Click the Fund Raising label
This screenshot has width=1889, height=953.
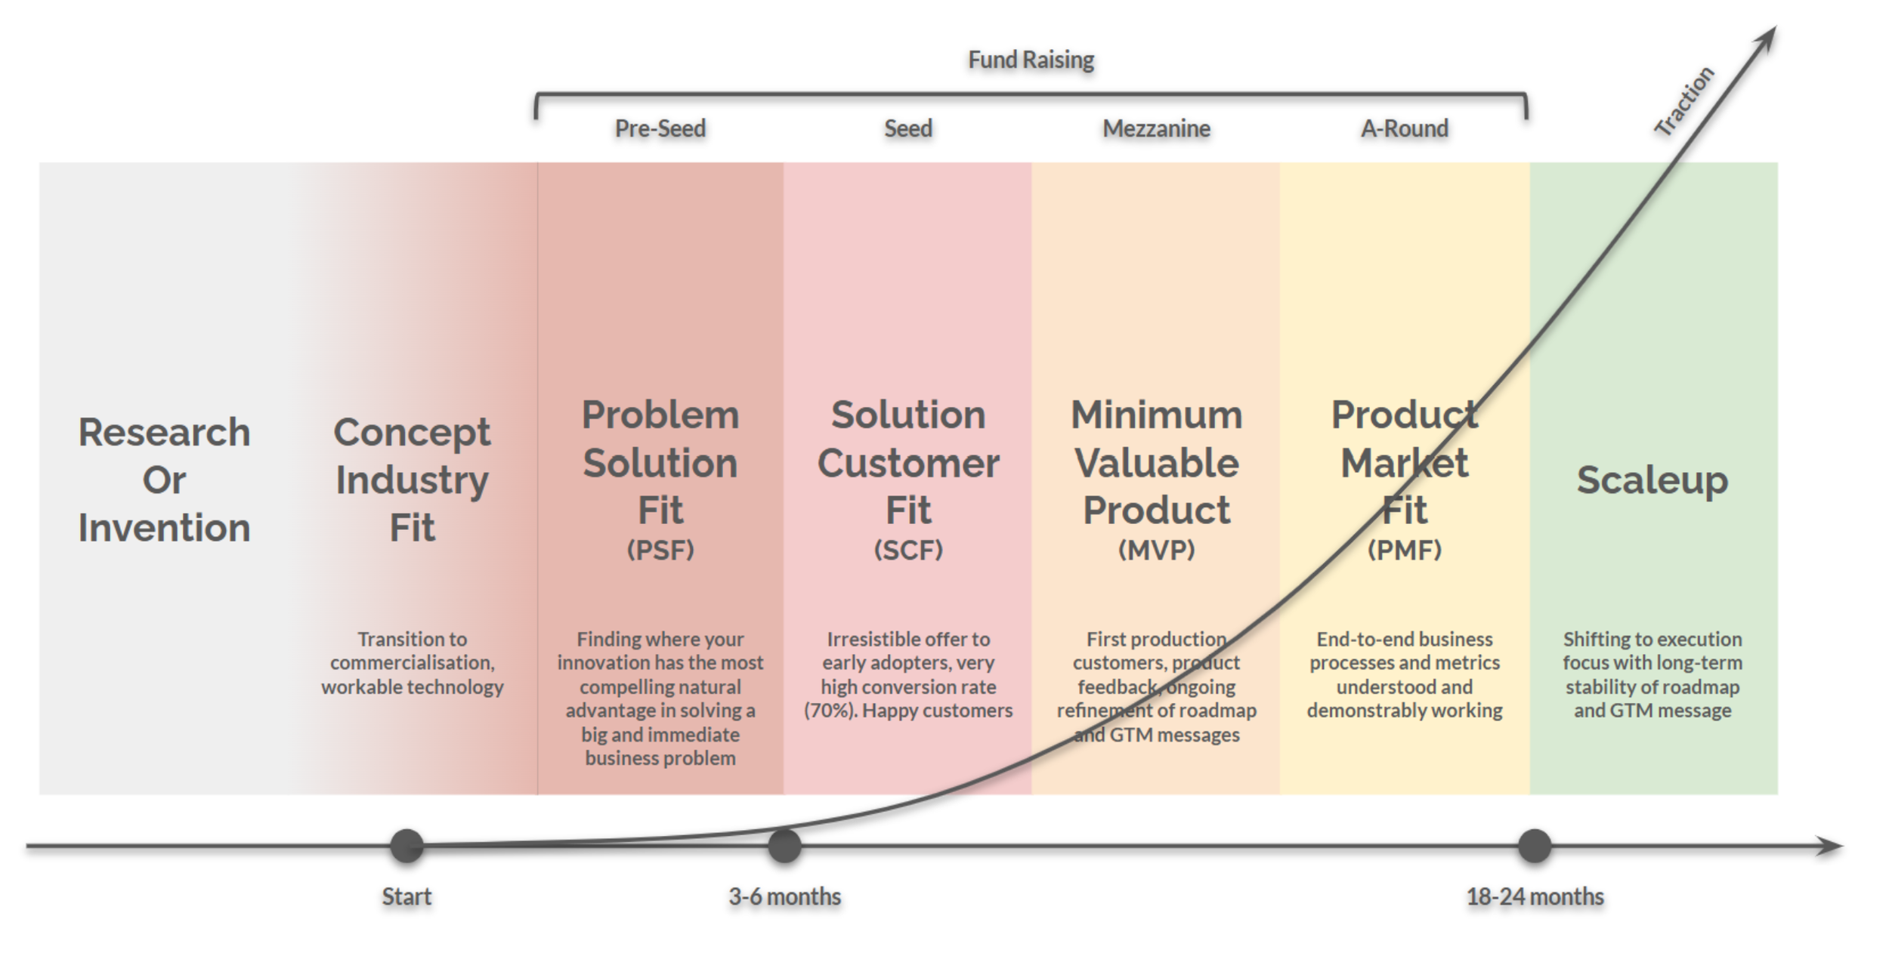click(1031, 60)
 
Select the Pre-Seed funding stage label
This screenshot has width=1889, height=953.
click(660, 128)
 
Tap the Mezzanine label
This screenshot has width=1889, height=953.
click(1156, 128)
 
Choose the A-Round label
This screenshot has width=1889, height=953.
click(1405, 128)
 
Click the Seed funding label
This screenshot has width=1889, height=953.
click(908, 128)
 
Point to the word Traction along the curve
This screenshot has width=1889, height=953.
click(1684, 101)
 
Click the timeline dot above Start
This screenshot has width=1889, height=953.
click(407, 846)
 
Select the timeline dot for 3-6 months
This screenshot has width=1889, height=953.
click(784, 846)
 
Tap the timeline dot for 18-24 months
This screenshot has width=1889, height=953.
click(1535, 846)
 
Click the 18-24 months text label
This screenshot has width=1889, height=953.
click(1535, 896)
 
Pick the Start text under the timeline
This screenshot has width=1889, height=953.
click(407, 896)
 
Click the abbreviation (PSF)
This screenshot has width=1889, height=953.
click(660, 550)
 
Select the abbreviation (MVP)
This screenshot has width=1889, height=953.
click(1156, 550)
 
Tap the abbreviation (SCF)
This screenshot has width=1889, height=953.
click(908, 550)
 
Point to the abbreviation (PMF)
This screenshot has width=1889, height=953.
click(1405, 550)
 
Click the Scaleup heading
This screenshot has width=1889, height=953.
click(1652, 480)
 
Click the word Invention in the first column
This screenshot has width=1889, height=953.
click(164, 527)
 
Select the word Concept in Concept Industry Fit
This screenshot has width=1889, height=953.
click(412, 433)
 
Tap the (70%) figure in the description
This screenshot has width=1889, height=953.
click(829, 711)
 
